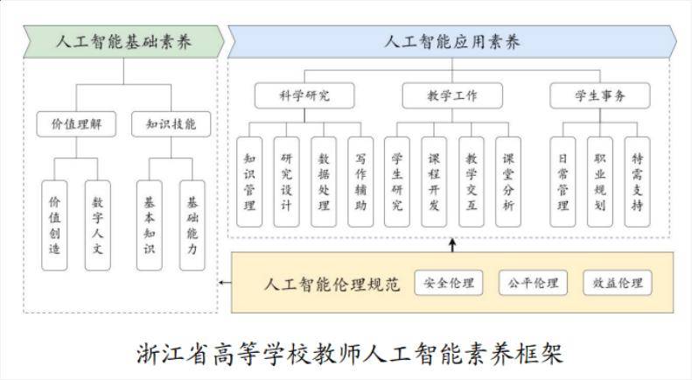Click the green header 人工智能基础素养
[x=122, y=41]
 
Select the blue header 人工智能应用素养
[x=451, y=41]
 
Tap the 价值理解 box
[x=77, y=124]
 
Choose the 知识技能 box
[x=171, y=124]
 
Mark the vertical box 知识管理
[x=249, y=182]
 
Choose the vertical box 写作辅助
[x=360, y=182]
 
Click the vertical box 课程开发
[x=434, y=182]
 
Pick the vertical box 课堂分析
[x=508, y=182]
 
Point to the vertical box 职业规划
[x=599, y=182]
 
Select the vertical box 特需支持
[x=637, y=182]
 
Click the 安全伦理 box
[x=448, y=283]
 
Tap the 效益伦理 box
[x=618, y=283]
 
